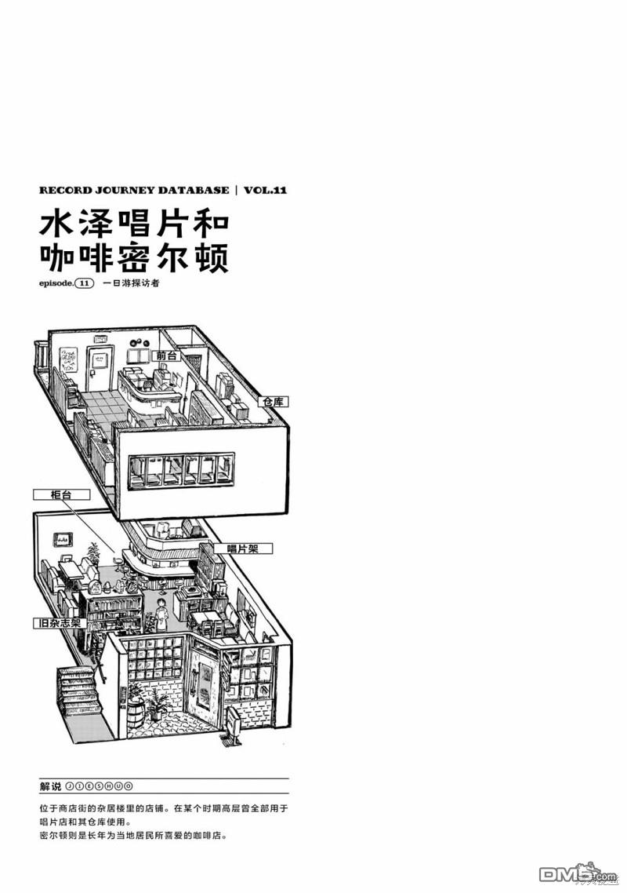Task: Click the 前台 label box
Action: pyautogui.click(x=165, y=356)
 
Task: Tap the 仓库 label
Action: pyautogui.click(x=274, y=402)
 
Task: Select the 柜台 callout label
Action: pyautogui.click(x=61, y=494)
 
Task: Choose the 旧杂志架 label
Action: pyautogui.click(x=60, y=623)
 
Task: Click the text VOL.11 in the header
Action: pyautogui.click(x=265, y=190)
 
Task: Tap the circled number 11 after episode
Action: pyautogui.click(x=84, y=283)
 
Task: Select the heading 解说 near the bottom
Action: pyautogui.click(x=51, y=786)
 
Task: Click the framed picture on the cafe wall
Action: pyautogui.click(x=63, y=538)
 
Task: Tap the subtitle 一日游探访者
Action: pyautogui.click(x=131, y=283)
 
